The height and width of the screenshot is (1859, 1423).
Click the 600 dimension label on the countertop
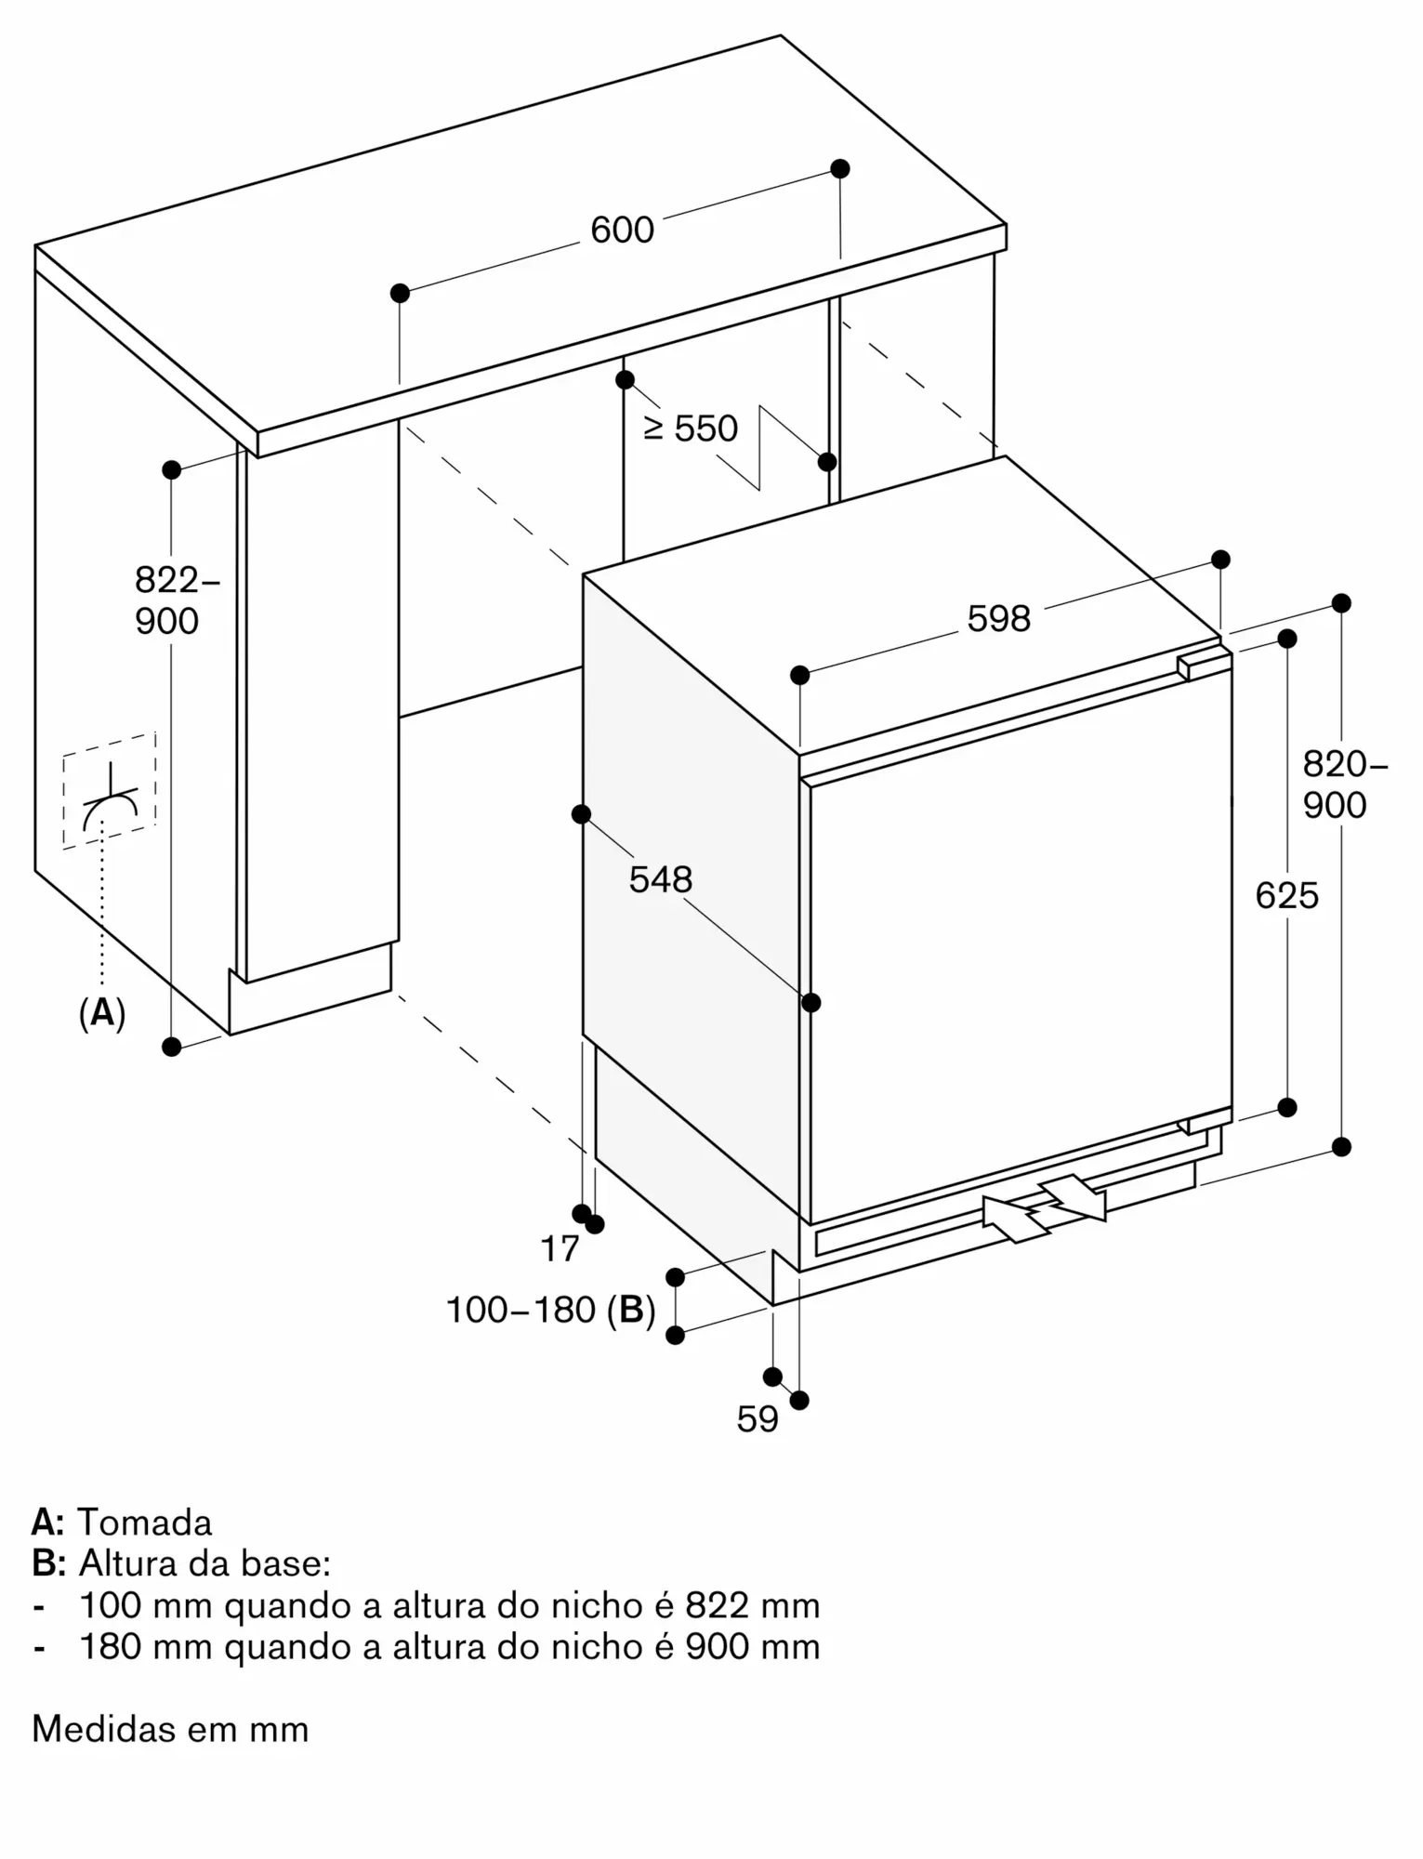(x=622, y=230)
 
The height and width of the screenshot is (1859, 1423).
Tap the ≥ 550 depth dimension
(x=691, y=428)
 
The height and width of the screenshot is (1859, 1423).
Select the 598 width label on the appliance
(x=998, y=619)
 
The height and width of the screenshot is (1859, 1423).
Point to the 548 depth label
(x=660, y=879)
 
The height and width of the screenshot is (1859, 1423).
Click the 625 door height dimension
(x=1286, y=896)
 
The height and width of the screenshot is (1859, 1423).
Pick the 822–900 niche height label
(x=177, y=600)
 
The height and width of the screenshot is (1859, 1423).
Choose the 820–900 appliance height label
(x=1344, y=784)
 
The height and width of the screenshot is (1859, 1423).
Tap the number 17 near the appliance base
(x=560, y=1249)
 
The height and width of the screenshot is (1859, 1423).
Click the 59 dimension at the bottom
(x=758, y=1418)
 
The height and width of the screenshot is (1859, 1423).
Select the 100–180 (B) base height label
(x=551, y=1310)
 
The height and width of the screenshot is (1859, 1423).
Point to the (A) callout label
(x=101, y=1012)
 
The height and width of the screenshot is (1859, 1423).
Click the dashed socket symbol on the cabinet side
(x=110, y=790)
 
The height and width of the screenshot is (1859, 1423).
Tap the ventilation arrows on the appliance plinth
(x=1044, y=1207)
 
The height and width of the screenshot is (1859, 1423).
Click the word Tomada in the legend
(x=144, y=1523)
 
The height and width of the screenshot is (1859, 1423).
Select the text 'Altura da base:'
(x=204, y=1563)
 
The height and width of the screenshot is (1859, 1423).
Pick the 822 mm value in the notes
(x=753, y=1605)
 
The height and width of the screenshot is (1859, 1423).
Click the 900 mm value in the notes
(x=753, y=1646)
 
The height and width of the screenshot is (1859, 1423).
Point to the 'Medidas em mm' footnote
(x=170, y=1729)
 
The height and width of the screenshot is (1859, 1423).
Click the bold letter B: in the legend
(x=48, y=1563)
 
